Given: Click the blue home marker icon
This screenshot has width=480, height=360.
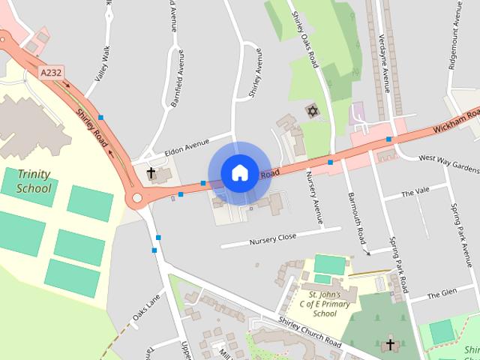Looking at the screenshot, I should point(239,172).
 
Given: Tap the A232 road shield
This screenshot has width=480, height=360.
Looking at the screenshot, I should point(49,73).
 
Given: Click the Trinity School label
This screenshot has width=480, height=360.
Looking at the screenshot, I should point(34,181).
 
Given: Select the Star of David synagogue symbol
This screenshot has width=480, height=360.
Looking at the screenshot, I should point(311,112).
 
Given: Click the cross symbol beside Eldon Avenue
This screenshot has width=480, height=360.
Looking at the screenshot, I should point(151,173).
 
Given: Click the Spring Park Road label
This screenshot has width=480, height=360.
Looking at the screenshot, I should point(397,264).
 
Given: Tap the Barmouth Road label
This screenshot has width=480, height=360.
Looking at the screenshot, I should point(355,217).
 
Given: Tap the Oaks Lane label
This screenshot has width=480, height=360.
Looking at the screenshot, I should point(146,309).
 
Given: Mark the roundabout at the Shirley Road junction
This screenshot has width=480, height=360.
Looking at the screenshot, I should point(136,199).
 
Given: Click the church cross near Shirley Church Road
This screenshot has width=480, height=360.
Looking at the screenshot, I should point(389,345).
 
